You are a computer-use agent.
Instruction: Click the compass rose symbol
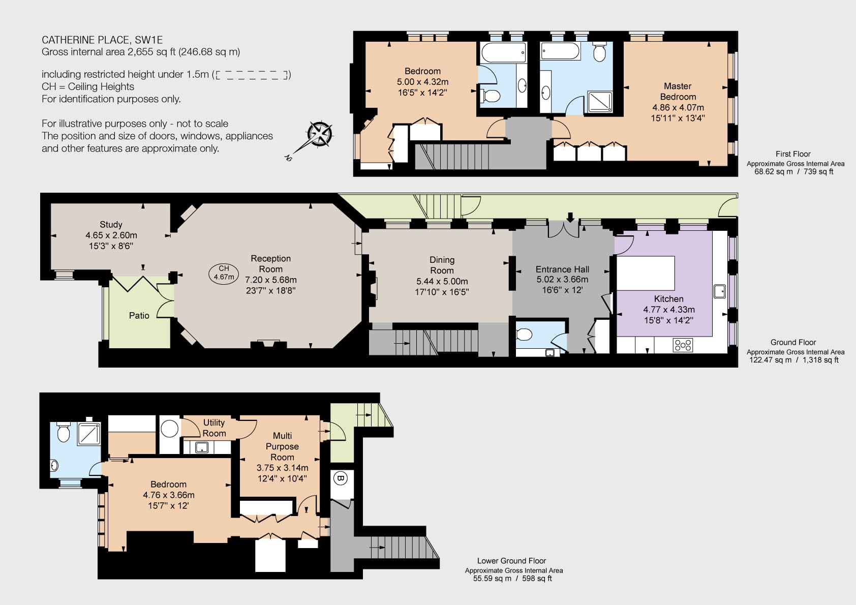319,135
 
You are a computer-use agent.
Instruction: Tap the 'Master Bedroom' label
678,92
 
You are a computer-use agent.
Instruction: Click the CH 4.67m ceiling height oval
224,273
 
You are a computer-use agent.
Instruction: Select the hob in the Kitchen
683,345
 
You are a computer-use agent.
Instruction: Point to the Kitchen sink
720,291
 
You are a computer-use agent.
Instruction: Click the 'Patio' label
139,315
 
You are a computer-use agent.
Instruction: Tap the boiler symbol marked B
340,478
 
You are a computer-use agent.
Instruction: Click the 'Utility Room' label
214,428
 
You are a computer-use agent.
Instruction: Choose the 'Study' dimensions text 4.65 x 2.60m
111,235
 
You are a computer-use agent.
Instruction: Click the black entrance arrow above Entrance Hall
570,218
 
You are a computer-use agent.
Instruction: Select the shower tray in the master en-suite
600,102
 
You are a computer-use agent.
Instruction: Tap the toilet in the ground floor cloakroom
524,335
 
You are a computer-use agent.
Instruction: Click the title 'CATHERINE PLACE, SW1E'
102,40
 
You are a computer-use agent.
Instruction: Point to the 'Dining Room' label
442,265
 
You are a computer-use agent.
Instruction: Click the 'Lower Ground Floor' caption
512,561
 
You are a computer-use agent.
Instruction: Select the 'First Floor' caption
793,154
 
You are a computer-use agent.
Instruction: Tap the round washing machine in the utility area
169,429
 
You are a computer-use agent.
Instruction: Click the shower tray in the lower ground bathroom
89,434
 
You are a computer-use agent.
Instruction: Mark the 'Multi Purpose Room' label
283,446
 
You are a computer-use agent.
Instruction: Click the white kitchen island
646,273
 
